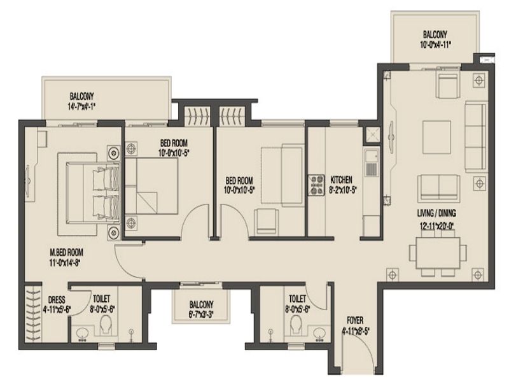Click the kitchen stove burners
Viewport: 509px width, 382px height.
point(316,185)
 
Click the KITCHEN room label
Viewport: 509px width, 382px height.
point(341,180)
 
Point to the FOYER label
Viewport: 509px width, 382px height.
point(355,321)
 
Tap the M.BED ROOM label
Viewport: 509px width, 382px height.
point(66,252)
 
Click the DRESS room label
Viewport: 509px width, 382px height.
point(57,299)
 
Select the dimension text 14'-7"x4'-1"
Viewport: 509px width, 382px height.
point(81,106)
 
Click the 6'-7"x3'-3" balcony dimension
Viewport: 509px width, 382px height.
point(201,315)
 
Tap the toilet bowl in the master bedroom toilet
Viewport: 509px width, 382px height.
point(106,323)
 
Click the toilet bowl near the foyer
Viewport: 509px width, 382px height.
point(296,323)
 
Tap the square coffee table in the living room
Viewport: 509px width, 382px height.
point(436,137)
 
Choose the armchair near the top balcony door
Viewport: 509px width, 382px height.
point(448,85)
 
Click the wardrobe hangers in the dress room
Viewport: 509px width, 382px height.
point(33,314)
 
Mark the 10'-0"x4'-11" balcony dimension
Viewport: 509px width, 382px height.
point(435,45)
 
